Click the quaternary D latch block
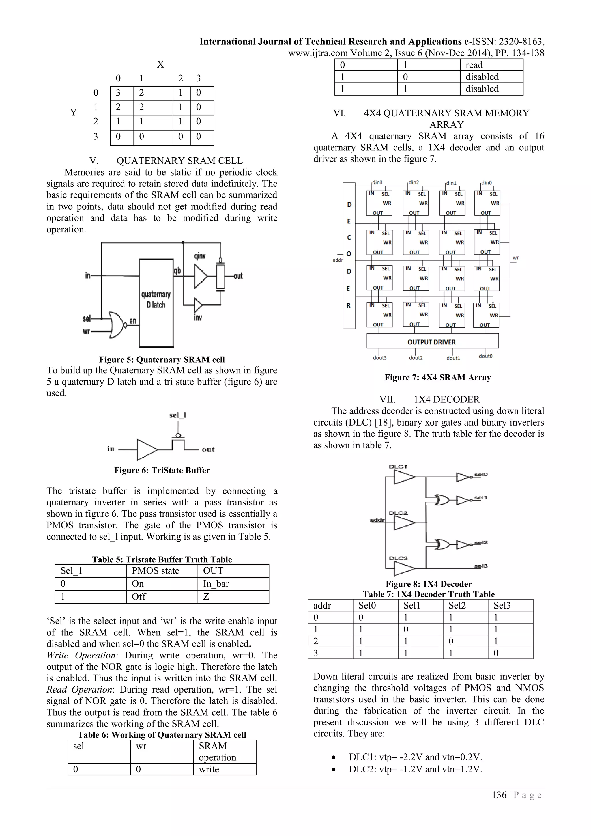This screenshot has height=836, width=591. click(156, 303)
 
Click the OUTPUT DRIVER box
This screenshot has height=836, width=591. click(432, 342)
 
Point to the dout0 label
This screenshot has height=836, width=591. click(485, 356)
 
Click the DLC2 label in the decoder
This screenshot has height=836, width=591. click(398, 513)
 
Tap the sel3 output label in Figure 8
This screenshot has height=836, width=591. click(481, 566)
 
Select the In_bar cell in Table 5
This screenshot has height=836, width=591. click(216, 584)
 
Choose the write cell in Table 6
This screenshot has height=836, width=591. click(209, 769)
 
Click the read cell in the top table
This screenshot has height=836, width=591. click(474, 65)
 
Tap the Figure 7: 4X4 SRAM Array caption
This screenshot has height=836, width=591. click(437, 377)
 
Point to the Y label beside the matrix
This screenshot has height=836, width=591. click(74, 113)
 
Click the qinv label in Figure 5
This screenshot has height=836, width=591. click(200, 256)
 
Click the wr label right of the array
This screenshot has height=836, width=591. click(516, 258)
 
